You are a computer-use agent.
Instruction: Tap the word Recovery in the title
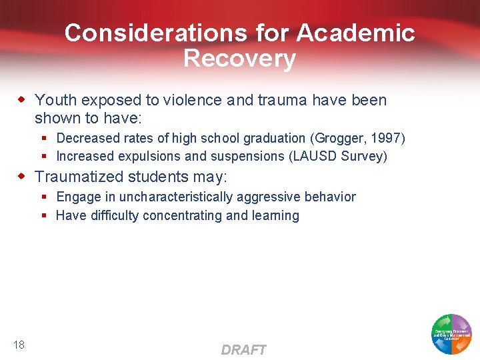pos(239,59)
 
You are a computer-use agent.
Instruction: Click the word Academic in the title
pos(356,33)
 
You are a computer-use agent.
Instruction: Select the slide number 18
pos(19,345)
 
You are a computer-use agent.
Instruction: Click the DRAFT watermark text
pos(243,350)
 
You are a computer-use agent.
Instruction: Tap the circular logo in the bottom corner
pos(451,333)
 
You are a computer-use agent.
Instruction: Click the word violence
pos(191,100)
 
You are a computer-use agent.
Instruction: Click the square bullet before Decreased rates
pos(43,139)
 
